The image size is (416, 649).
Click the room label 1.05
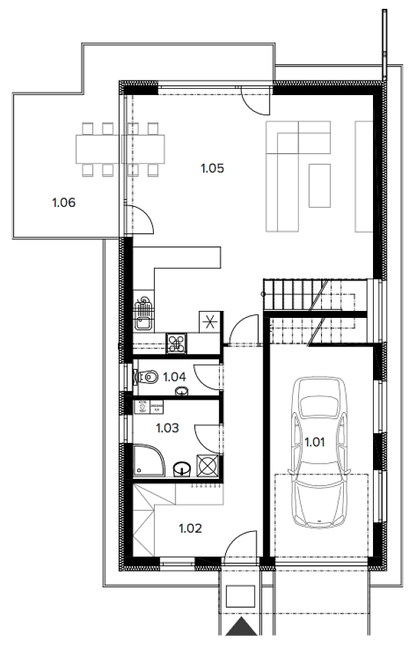click(212, 168)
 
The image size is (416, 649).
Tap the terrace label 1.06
click(64, 203)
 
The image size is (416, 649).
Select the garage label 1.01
click(315, 442)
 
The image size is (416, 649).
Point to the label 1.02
click(190, 528)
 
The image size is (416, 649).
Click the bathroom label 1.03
click(168, 428)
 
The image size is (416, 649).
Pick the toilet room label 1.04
click(174, 377)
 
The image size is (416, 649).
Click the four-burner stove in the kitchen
click(177, 344)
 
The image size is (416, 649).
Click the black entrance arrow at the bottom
click(241, 627)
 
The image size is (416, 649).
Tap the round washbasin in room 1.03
click(182, 469)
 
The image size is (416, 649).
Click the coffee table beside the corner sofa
click(320, 185)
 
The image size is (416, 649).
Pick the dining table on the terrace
click(120, 149)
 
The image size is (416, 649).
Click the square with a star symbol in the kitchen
click(209, 321)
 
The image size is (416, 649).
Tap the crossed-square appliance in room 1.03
click(207, 465)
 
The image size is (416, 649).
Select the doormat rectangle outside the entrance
click(241, 596)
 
